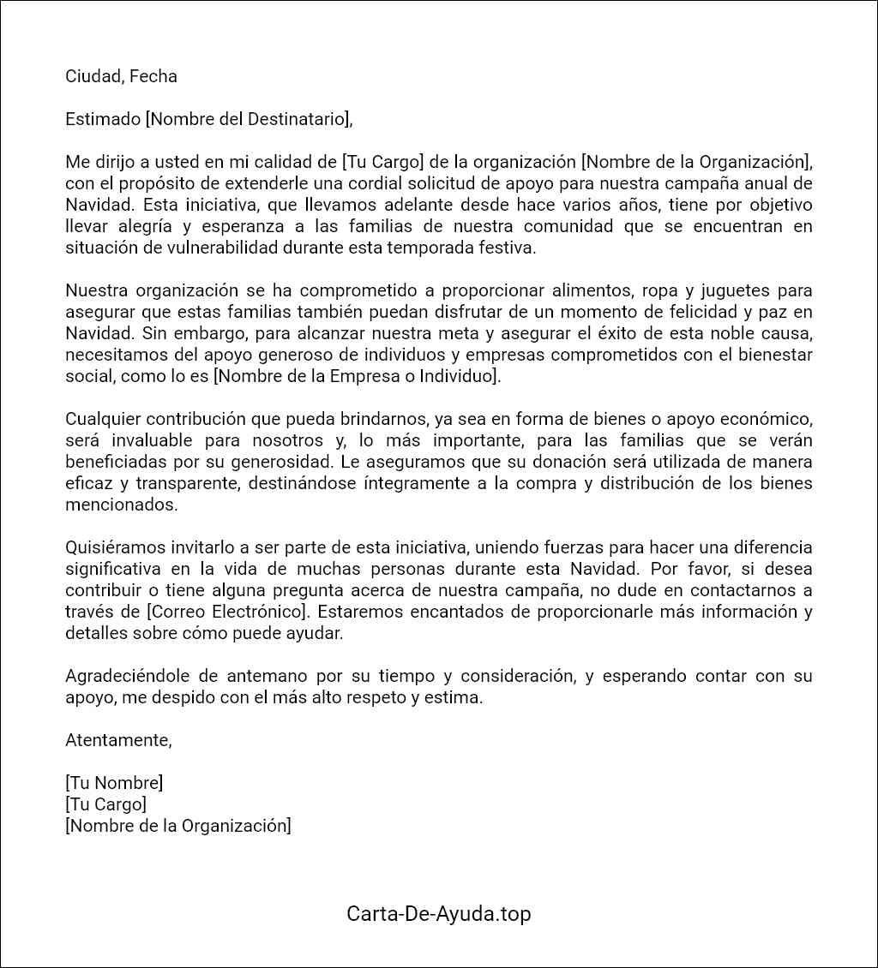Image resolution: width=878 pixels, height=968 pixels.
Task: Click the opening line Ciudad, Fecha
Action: click(x=121, y=76)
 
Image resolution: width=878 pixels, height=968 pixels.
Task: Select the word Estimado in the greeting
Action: click(x=103, y=119)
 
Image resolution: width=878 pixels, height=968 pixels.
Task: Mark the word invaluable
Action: click(x=162, y=440)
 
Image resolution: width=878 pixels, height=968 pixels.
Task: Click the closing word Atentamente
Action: click(x=117, y=740)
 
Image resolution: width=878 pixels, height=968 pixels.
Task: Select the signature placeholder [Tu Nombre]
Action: click(x=114, y=783)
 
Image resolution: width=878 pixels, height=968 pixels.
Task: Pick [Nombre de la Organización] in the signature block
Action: click(x=178, y=826)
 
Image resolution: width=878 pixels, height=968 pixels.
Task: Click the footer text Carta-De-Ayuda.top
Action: click(x=438, y=913)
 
